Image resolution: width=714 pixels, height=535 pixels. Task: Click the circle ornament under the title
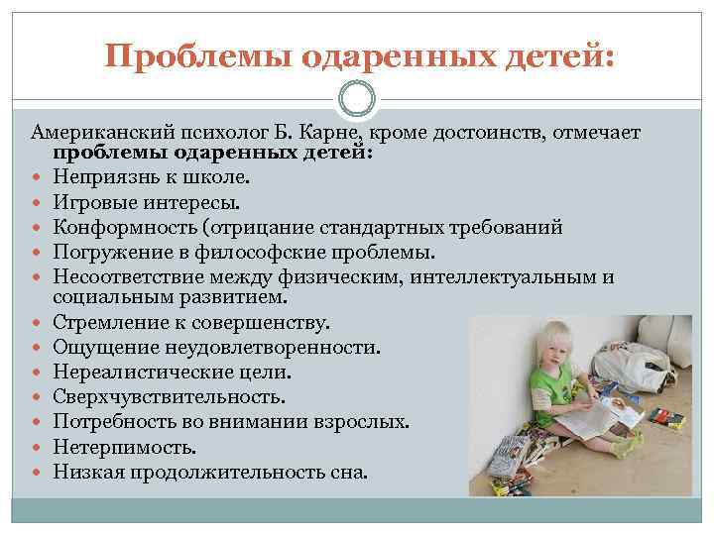pyautogui.click(x=357, y=99)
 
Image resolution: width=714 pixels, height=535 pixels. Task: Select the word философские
pyautogui.click(x=297, y=252)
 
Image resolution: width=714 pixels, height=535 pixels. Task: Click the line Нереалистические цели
pyautogui.click(x=173, y=373)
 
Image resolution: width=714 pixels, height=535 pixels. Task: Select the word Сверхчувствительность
pyautogui.click(x=169, y=396)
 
